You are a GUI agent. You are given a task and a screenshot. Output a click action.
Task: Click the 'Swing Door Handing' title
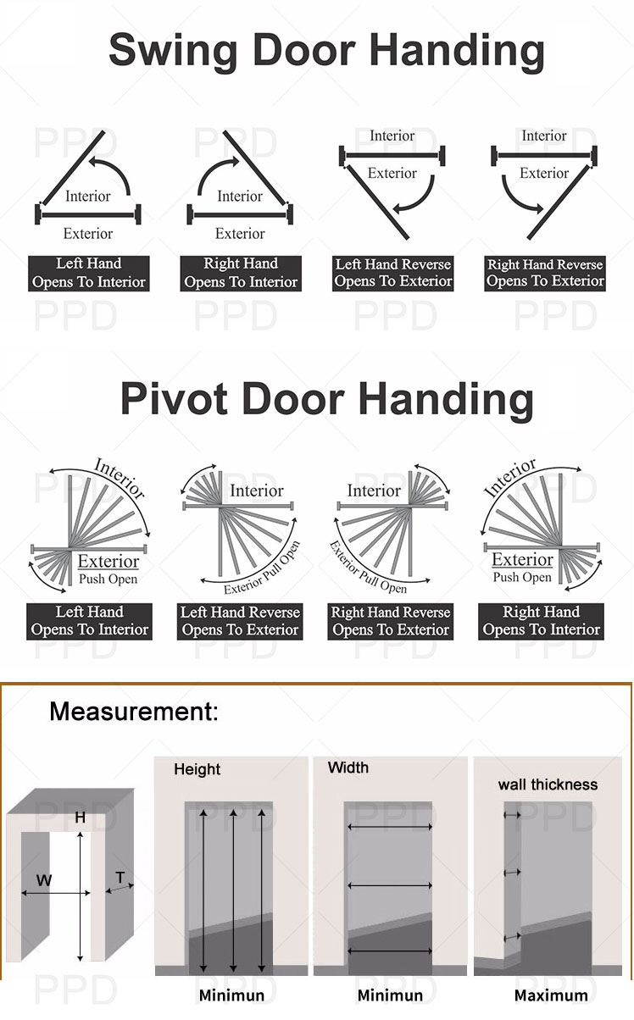click(326, 51)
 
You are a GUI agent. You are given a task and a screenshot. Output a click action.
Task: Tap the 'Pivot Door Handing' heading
click(326, 399)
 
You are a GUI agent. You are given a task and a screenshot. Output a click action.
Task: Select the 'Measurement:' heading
click(134, 711)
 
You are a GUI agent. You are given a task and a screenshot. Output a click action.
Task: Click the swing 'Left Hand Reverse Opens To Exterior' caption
click(393, 273)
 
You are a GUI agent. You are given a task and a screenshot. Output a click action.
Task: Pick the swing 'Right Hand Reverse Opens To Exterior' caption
click(545, 273)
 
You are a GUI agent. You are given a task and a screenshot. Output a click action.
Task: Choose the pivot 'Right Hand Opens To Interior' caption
click(541, 621)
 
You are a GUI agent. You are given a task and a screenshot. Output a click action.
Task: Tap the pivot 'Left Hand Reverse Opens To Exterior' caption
click(240, 621)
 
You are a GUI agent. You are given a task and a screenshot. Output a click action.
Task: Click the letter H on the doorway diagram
click(81, 818)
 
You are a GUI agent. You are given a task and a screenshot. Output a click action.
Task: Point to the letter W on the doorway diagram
click(44, 879)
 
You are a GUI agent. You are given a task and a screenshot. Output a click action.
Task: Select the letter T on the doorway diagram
click(120, 877)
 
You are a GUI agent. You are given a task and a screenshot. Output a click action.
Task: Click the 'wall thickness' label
click(548, 784)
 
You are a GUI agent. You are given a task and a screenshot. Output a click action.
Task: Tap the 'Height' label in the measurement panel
click(197, 769)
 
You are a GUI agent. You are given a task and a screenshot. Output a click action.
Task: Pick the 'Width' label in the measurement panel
click(348, 768)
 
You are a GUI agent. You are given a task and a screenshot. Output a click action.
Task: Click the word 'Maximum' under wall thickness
click(551, 995)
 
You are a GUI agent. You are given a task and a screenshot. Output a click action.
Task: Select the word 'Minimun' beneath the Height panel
click(232, 995)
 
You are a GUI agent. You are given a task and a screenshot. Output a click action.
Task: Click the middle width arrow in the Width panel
click(389, 885)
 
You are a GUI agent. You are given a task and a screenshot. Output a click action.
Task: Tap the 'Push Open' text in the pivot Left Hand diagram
click(108, 579)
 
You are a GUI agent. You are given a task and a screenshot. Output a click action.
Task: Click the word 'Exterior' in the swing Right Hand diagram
click(240, 234)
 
